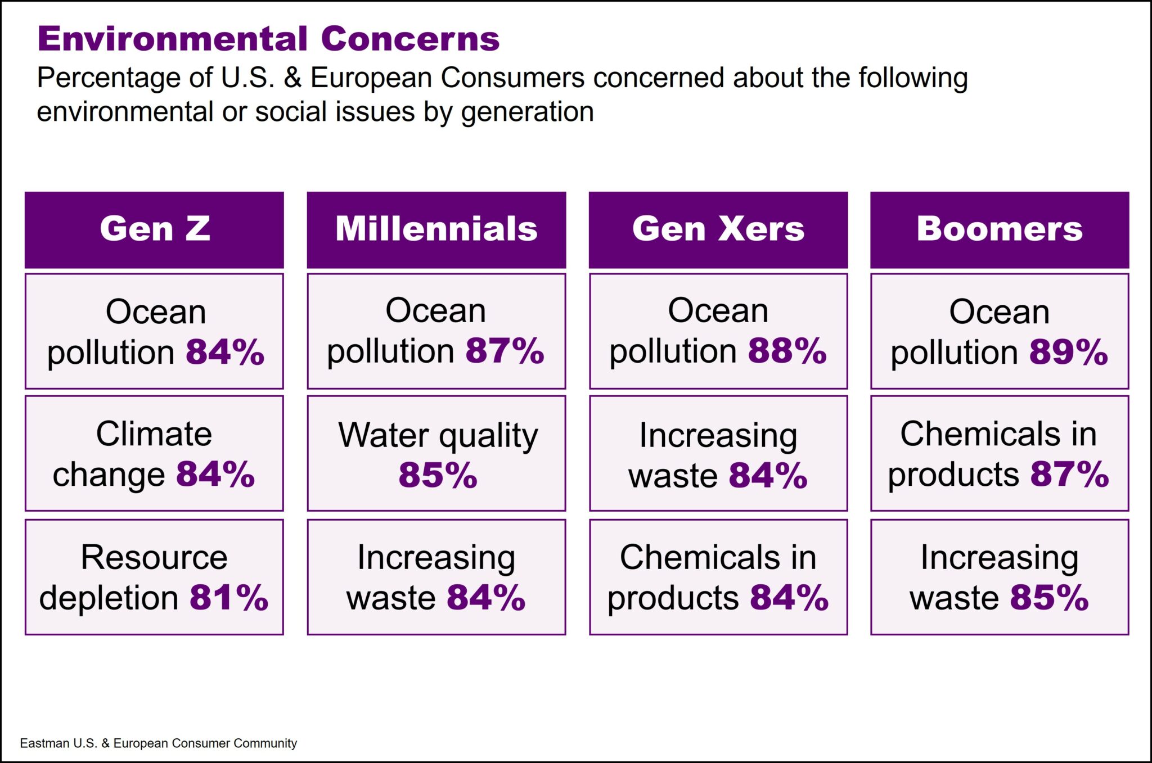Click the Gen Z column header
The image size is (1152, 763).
point(154,229)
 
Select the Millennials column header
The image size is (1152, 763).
point(436,229)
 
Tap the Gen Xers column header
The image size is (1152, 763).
point(718,229)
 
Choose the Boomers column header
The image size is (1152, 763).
point(999,229)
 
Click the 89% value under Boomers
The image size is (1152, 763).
point(1068,353)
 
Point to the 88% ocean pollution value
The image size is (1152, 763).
point(787,351)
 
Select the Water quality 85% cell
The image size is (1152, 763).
point(436,453)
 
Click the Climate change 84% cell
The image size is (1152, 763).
point(154,453)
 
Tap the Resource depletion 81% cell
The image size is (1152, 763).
point(154,577)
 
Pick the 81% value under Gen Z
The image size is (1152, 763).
point(228,598)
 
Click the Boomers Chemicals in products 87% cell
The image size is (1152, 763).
point(999,453)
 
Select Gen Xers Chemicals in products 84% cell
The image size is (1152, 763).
point(718,577)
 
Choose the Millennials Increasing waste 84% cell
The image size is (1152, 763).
point(436,577)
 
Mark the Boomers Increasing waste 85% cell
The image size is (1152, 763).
point(999,577)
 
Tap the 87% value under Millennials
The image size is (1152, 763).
point(505,351)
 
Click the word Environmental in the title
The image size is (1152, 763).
point(172,39)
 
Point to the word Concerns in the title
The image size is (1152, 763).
point(410,39)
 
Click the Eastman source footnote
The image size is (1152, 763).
point(158,743)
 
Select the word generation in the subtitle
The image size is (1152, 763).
point(527,112)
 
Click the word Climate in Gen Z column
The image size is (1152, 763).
point(154,434)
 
